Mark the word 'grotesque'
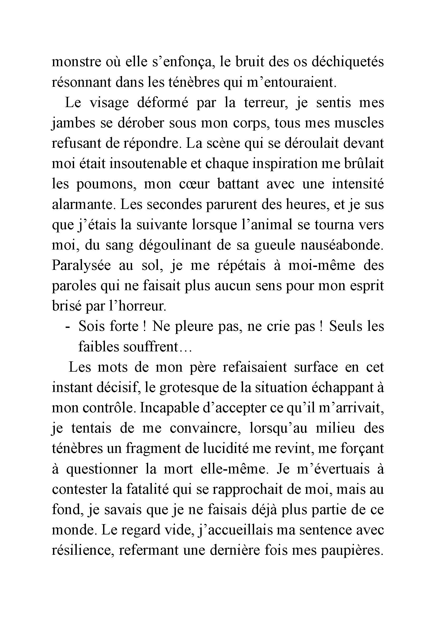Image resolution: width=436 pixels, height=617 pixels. [x=185, y=388]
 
